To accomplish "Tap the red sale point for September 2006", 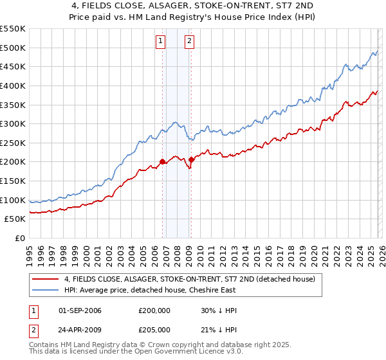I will [162, 161].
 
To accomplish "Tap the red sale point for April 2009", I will [192, 159].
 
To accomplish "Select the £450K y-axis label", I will [13, 66].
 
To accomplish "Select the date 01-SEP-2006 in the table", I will [80, 310].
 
